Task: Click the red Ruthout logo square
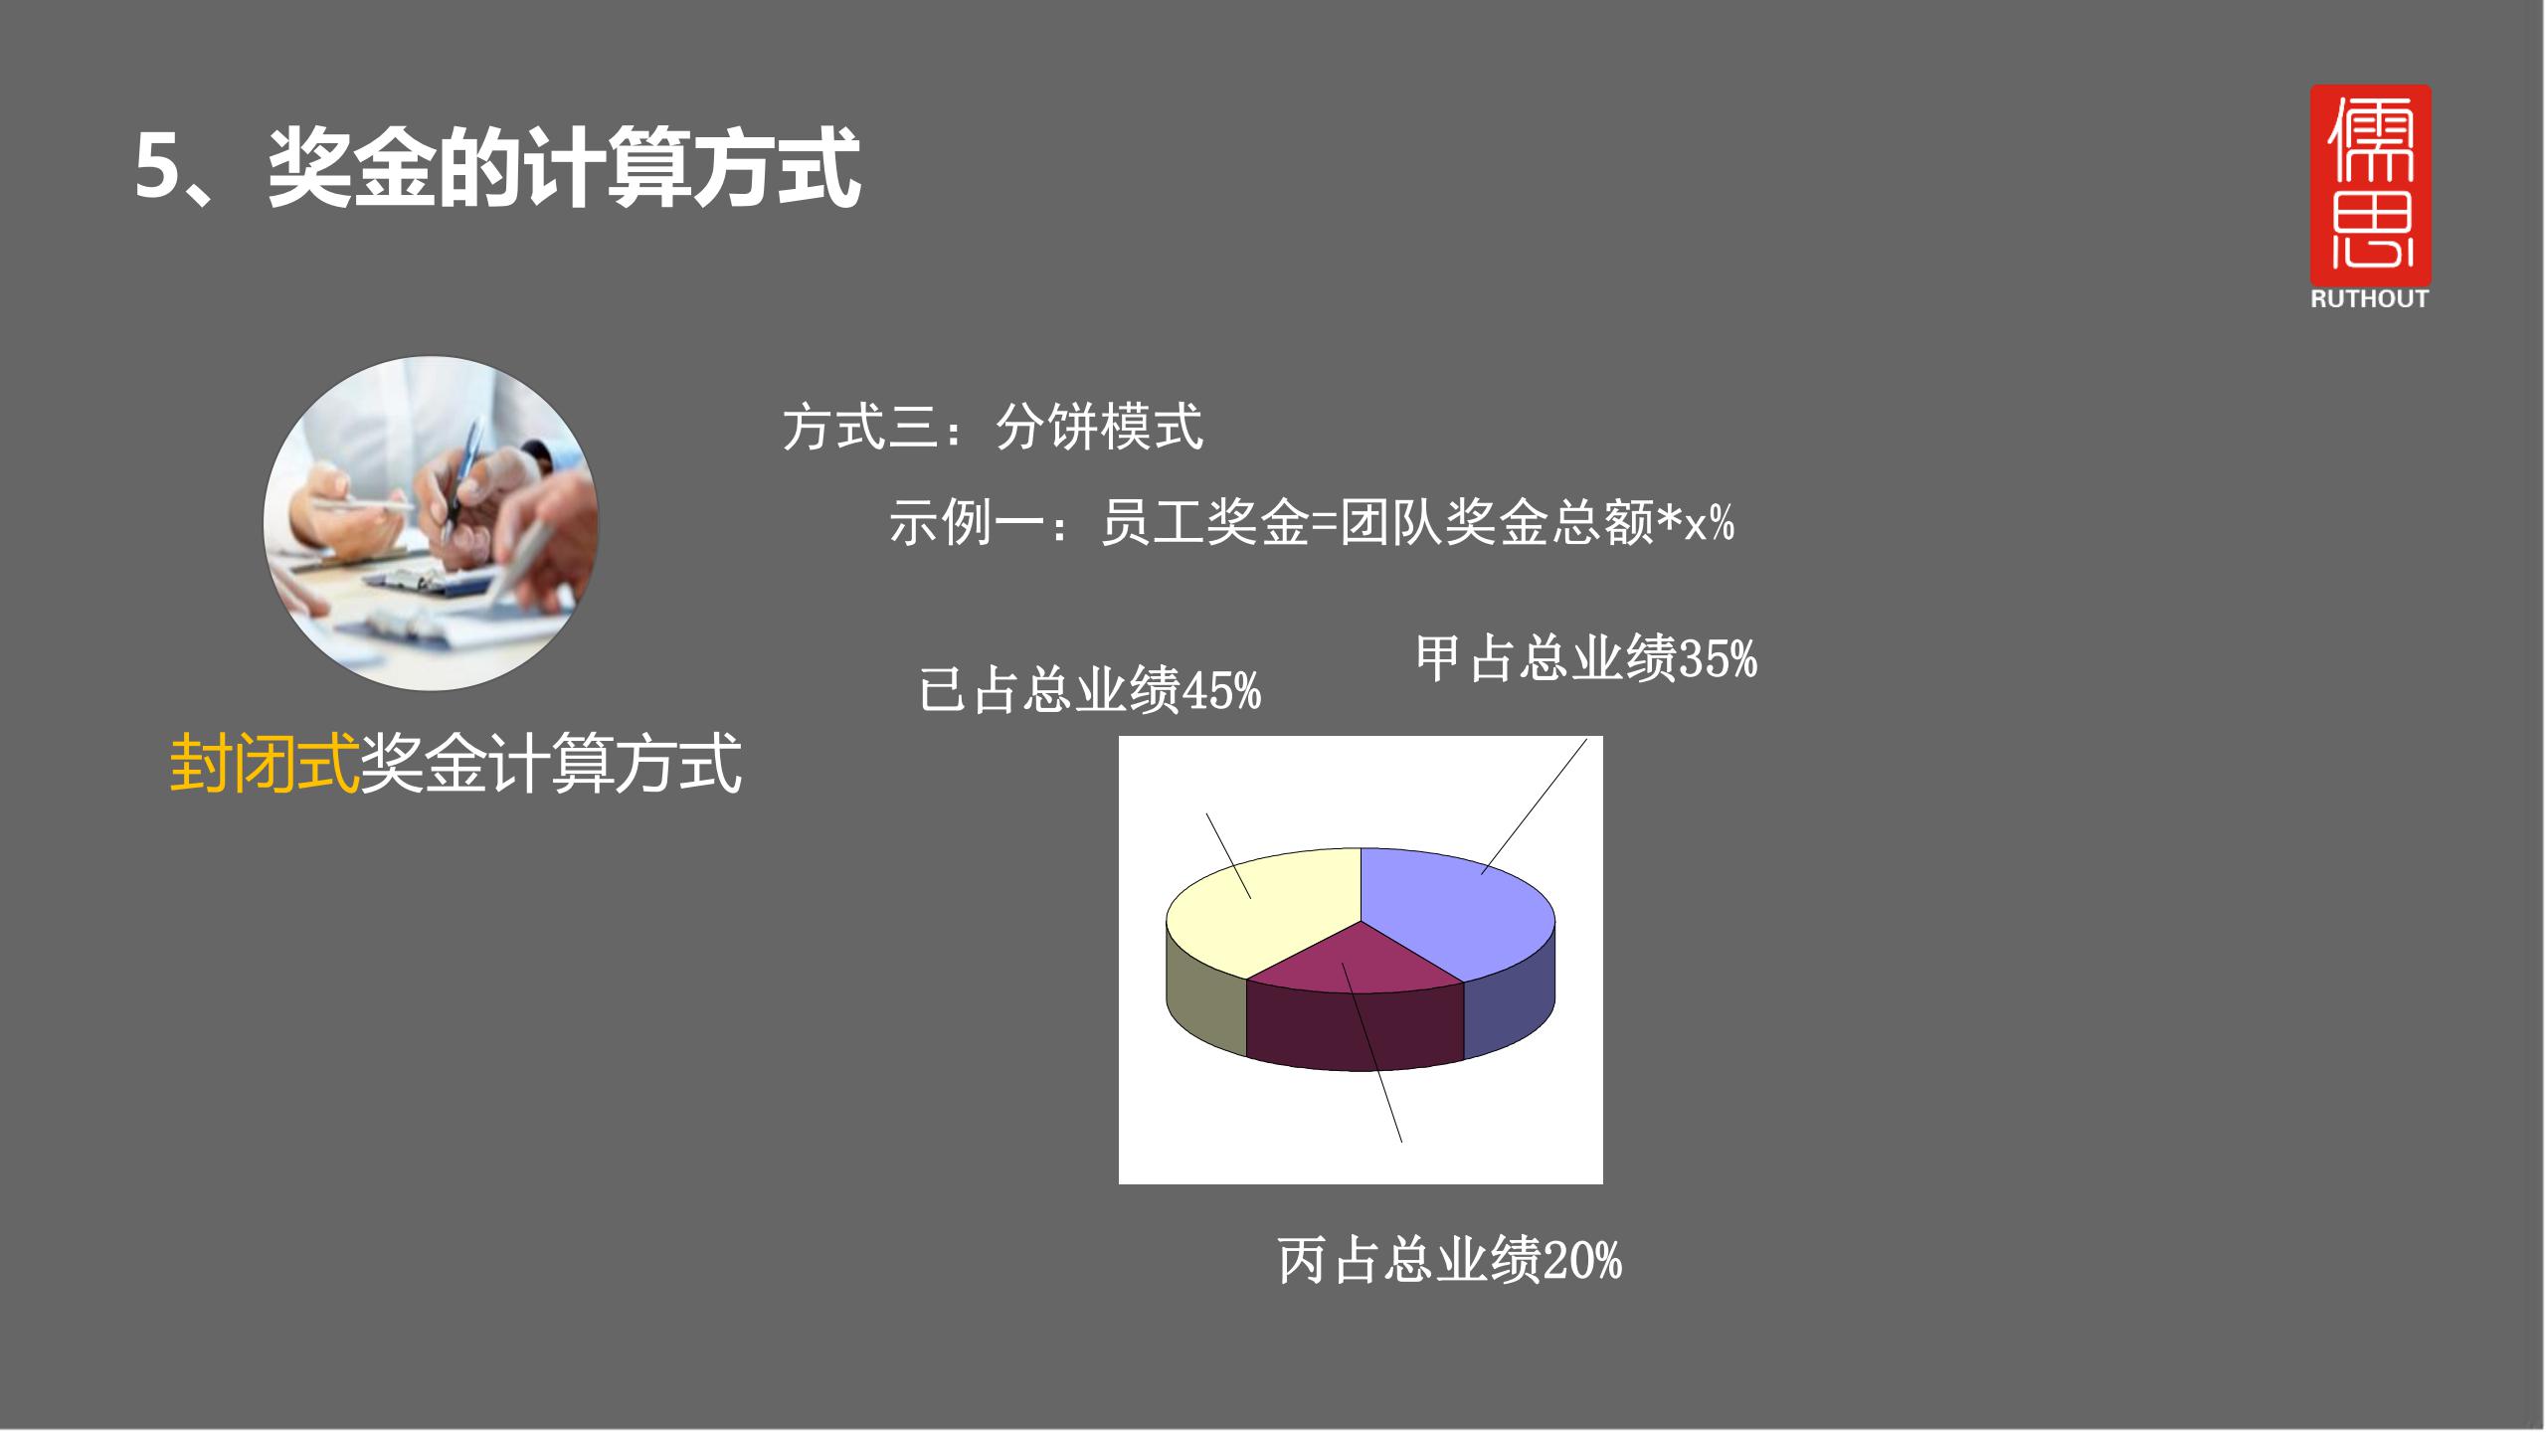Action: (x=2370, y=184)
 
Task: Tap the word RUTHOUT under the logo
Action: (x=2370, y=299)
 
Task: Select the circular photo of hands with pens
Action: (x=431, y=523)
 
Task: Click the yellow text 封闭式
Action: (x=264, y=764)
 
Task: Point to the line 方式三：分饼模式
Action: (x=993, y=428)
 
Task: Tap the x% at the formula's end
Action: (x=1709, y=522)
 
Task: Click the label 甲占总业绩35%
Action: (x=1586, y=659)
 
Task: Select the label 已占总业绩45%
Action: (x=1090, y=690)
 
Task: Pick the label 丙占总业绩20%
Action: (x=1449, y=1260)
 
